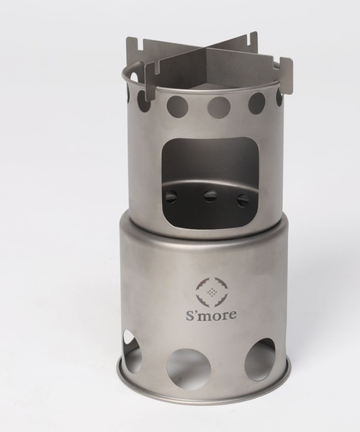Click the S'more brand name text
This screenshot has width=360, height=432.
click(211, 315)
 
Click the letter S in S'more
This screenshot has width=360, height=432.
click(190, 315)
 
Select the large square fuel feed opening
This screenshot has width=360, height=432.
click(211, 183)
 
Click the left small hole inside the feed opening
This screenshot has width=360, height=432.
click(171, 197)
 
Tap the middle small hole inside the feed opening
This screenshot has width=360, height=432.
click(210, 195)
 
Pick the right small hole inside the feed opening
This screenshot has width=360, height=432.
click(243, 200)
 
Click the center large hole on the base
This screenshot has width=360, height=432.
click(189, 368)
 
